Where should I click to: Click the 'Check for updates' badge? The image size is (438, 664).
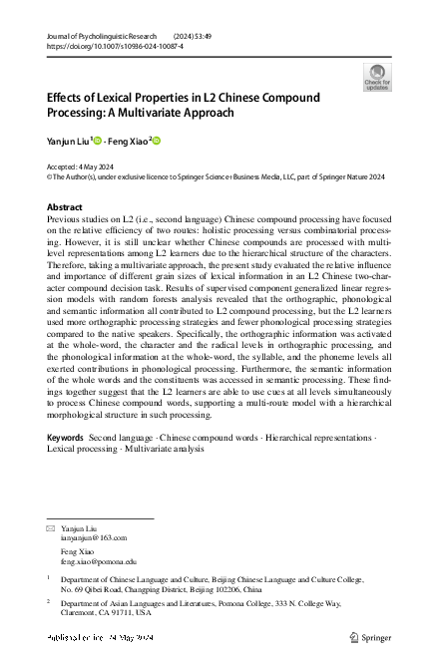(377, 77)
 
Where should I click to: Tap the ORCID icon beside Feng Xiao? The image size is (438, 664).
(157, 141)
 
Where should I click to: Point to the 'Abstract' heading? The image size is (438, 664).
(65, 207)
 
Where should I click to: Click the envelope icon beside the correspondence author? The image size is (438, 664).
(52, 525)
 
